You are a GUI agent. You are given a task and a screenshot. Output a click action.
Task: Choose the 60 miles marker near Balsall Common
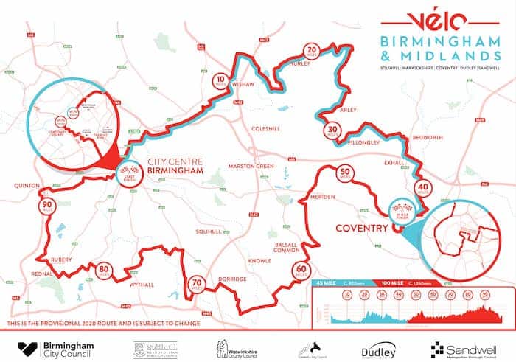pyautogui.click(x=299, y=270)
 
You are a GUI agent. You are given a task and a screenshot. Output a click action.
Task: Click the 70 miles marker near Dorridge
pyautogui.click(x=197, y=284)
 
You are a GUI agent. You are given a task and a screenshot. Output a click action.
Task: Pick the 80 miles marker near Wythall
pyautogui.click(x=104, y=271)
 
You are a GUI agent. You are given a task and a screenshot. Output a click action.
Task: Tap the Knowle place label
pyautogui.click(x=259, y=261)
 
